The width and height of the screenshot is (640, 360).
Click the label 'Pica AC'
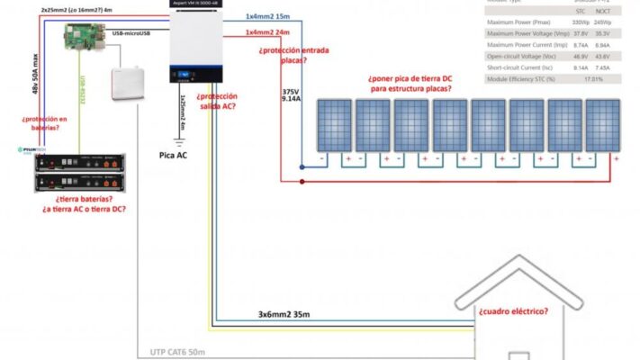(x=173, y=154)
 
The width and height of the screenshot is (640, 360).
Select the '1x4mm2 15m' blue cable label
(x=267, y=17)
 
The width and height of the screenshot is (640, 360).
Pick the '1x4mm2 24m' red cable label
(x=267, y=32)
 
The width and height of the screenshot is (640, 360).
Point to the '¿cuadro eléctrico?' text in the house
(x=511, y=312)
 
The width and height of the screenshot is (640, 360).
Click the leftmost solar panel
(x=333, y=125)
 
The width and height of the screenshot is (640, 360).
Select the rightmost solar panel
(x=602, y=125)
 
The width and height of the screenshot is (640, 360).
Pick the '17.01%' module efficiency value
(x=594, y=78)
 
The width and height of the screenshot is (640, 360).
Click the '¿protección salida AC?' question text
(x=216, y=101)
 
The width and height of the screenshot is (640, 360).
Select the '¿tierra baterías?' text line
(x=84, y=199)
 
